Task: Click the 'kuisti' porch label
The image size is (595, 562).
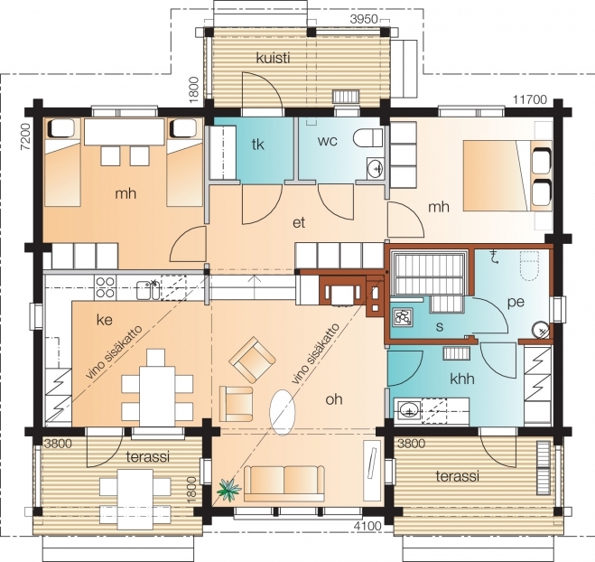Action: (273, 58)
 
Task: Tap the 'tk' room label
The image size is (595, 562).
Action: (257, 145)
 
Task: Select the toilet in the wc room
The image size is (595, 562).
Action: (367, 137)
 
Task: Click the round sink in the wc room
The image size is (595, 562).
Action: (376, 167)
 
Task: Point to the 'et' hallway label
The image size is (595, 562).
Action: (299, 222)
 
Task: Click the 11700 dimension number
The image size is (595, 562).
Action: (530, 99)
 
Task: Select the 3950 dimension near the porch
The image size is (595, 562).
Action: (364, 19)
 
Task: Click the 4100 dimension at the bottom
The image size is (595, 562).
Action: (367, 526)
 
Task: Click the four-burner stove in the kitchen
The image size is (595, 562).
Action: (105, 287)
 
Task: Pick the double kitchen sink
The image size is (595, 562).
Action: (148, 290)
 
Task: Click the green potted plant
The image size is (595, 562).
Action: (228, 489)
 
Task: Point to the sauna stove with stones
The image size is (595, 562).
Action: (402, 316)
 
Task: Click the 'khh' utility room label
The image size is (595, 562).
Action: (461, 379)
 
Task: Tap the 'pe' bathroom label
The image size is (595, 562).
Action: (516, 302)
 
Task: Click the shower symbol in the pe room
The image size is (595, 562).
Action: (494, 257)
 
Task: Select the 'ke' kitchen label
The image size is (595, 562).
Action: (105, 320)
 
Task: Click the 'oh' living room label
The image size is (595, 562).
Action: (334, 399)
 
